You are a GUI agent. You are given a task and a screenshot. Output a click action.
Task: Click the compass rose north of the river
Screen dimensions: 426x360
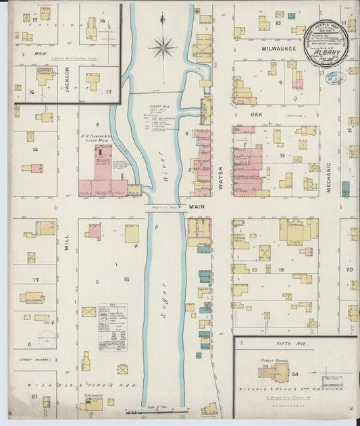pyautogui.click(x=163, y=47)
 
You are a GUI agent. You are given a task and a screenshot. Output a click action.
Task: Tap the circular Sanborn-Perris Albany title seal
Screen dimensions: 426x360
pyautogui.click(x=327, y=47)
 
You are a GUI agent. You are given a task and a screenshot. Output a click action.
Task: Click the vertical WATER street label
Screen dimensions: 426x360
pyautogui.click(x=221, y=175)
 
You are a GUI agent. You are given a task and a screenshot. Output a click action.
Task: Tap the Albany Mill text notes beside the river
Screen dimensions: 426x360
pyautogui.click(x=159, y=118)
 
